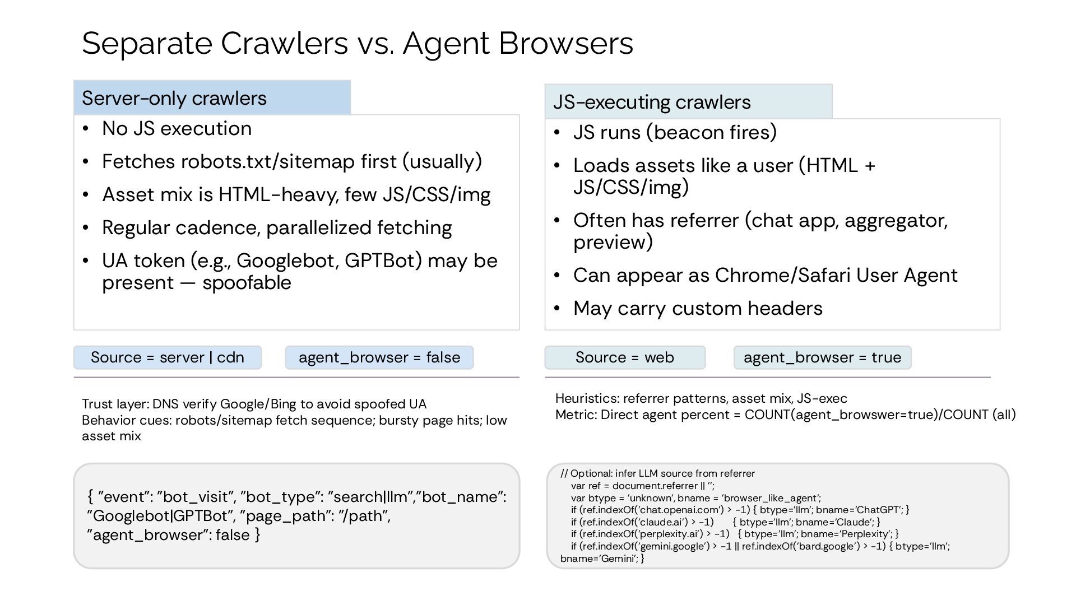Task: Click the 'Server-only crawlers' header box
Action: [212, 98]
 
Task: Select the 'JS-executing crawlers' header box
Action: [688, 102]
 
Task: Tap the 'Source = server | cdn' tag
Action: [168, 357]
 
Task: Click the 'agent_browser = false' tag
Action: [379, 357]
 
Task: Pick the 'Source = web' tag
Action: [625, 357]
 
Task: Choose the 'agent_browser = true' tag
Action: [822, 357]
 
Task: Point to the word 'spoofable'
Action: [247, 283]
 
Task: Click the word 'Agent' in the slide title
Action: [446, 44]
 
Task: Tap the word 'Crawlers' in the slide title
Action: [284, 44]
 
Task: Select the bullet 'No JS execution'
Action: [177, 129]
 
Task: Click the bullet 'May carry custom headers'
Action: [698, 309]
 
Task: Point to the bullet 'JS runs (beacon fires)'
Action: [675, 133]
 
